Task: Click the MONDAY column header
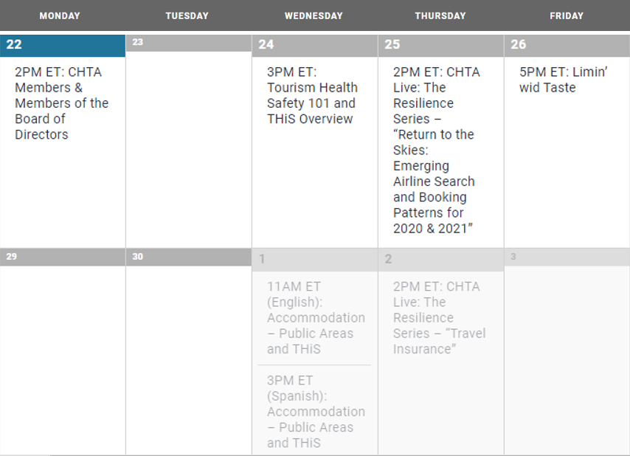(x=60, y=16)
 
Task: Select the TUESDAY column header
(x=187, y=16)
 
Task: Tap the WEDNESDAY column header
(x=314, y=16)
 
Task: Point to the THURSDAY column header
(x=440, y=16)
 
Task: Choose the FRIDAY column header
(x=567, y=16)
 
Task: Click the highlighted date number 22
(x=14, y=44)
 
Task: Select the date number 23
(x=138, y=42)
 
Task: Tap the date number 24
(x=266, y=44)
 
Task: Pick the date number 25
(x=392, y=44)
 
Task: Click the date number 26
(x=519, y=44)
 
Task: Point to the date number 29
(x=12, y=257)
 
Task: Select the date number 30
(x=138, y=257)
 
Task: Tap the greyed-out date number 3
(x=513, y=257)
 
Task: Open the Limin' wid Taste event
(x=564, y=80)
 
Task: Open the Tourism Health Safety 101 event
(x=312, y=95)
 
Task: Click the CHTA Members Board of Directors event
(x=61, y=103)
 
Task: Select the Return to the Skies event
(x=436, y=150)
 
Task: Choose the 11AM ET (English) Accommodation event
(x=316, y=317)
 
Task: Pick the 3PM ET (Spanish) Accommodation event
(x=316, y=412)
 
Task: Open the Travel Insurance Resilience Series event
(x=439, y=317)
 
